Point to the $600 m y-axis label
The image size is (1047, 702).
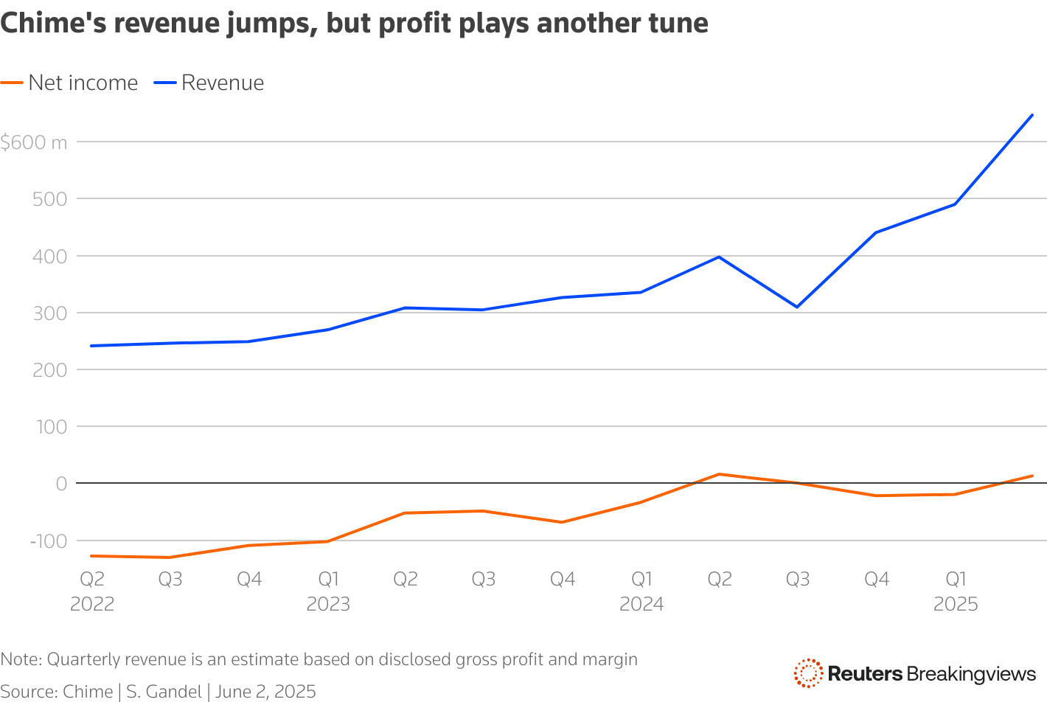34,142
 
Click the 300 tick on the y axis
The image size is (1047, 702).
51,313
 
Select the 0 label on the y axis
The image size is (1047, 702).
61,484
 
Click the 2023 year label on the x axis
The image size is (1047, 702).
328,605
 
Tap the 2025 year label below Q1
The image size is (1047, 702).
956,605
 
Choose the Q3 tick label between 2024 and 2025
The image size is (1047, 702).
798,580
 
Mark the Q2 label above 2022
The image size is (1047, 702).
92,580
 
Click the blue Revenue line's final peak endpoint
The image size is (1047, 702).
1032,115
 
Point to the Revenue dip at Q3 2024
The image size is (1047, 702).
797,307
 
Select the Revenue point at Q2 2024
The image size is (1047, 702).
719,257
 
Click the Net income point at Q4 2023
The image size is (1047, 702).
562,522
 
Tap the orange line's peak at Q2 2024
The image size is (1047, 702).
719,474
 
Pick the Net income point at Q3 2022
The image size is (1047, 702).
170,557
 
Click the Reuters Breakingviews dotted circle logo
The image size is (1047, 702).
808,673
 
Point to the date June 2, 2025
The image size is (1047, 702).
265,692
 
